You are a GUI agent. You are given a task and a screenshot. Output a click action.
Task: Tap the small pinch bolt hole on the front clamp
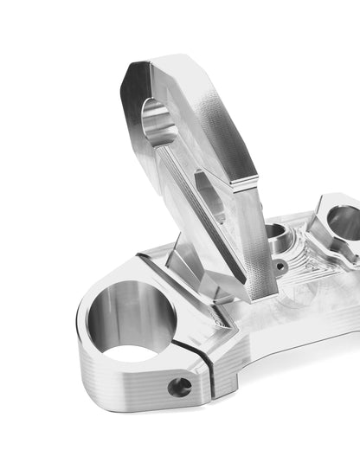[x=179, y=387]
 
